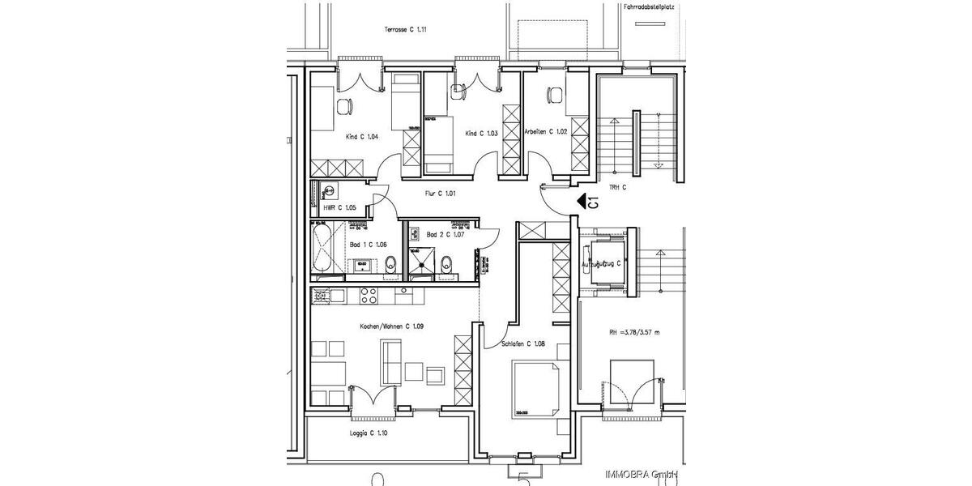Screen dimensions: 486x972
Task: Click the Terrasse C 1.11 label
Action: (x=406, y=30)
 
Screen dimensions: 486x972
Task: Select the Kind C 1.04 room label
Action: (x=362, y=137)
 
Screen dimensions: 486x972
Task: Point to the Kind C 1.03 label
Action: (x=481, y=133)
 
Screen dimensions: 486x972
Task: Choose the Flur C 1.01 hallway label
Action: (x=441, y=194)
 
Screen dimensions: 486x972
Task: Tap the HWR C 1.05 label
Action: (x=339, y=208)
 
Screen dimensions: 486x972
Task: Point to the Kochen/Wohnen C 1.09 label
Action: (x=392, y=326)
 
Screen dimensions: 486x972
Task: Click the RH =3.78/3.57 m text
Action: (x=635, y=332)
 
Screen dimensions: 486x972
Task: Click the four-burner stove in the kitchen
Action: (x=368, y=296)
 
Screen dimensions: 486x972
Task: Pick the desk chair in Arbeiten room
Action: (x=555, y=95)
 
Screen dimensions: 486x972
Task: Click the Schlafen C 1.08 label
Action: (x=522, y=343)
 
